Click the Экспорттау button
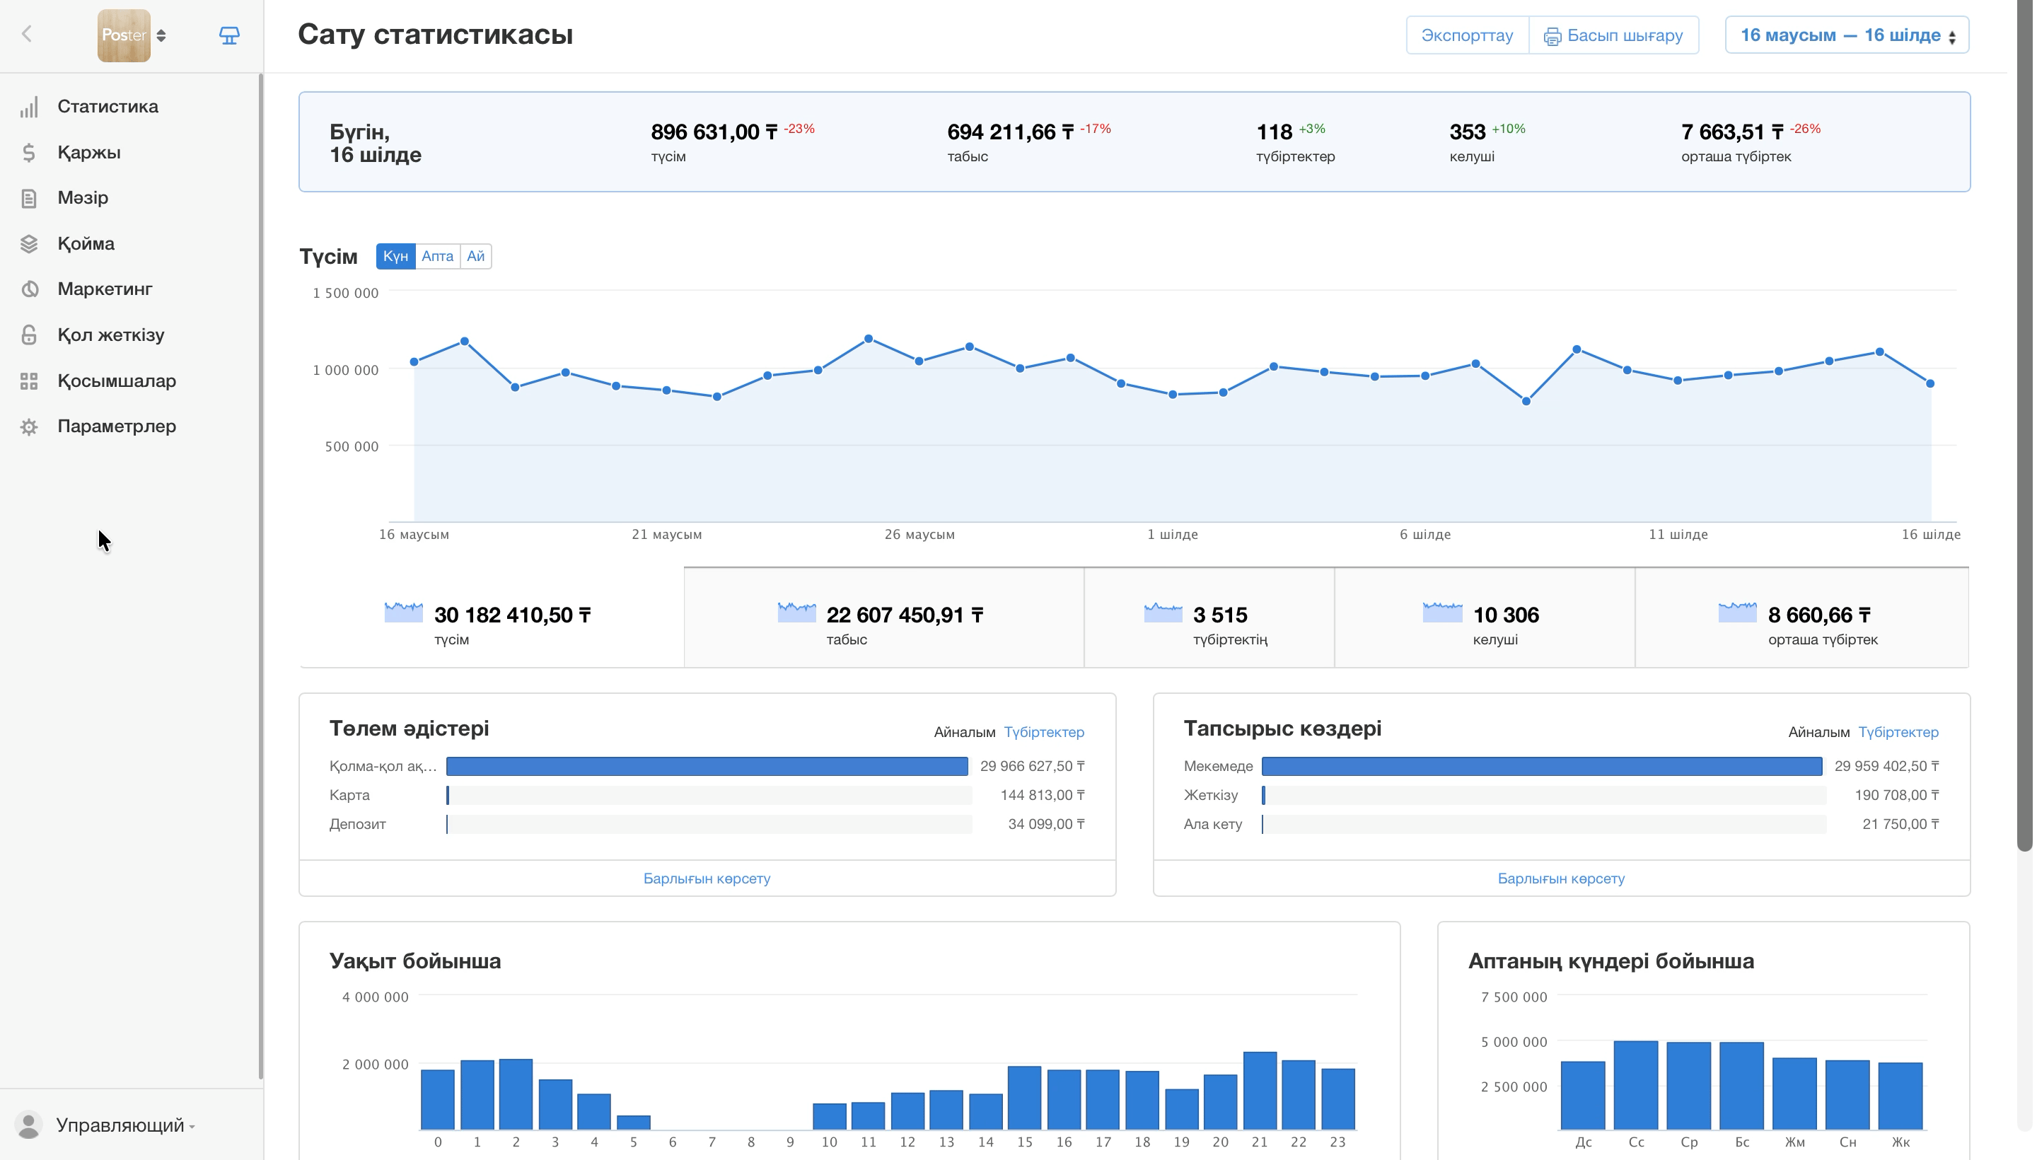click(1467, 35)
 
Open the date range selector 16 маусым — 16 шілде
click(1847, 35)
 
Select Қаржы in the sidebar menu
click(88, 152)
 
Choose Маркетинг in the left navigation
click(105, 289)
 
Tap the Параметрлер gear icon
click(29, 427)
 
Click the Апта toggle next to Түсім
click(437, 256)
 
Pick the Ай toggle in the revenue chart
click(475, 256)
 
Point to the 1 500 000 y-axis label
click(345, 294)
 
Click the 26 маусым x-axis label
click(919, 535)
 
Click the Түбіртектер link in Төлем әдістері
click(1043, 732)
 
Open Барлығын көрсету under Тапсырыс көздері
click(1560, 878)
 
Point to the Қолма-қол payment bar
click(707, 767)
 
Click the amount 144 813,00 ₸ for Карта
click(1042, 795)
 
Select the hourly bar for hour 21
click(1260, 1091)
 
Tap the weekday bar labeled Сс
click(1635, 1085)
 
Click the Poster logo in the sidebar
click(124, 35)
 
